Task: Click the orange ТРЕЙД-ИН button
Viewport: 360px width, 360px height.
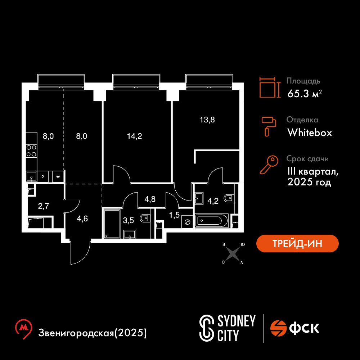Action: [x=297, y=243]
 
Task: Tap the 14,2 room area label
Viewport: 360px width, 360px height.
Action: [x=135, y=136]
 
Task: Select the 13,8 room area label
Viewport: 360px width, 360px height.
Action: [x=207, y=120]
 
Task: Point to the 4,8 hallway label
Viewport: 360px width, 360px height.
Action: [x=150, y=199]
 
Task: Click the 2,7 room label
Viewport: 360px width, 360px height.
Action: [x=44, y=206]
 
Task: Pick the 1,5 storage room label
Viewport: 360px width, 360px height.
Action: [x=174, y=215]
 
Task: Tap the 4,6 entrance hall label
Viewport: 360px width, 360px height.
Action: [x=82, y=219]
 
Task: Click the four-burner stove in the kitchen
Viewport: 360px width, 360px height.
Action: [x=31, y=151]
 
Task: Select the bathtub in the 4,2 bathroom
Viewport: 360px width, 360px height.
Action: [x=211, y=221]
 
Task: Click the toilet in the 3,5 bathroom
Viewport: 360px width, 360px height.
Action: [x=145, y=218]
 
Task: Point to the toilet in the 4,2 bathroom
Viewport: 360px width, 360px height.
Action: [x=229, y=198]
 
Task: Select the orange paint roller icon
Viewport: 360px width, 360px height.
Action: [x=269, y=126]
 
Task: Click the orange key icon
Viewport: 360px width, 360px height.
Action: [x=269, y=165]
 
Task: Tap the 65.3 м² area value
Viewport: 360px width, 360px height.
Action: [x=305, y=94]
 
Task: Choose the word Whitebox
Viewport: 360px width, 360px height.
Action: [x=310, y=133]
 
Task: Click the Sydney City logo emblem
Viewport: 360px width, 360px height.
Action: [x=207, y=328]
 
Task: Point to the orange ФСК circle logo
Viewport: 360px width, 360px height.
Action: [x=278, y=328]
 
